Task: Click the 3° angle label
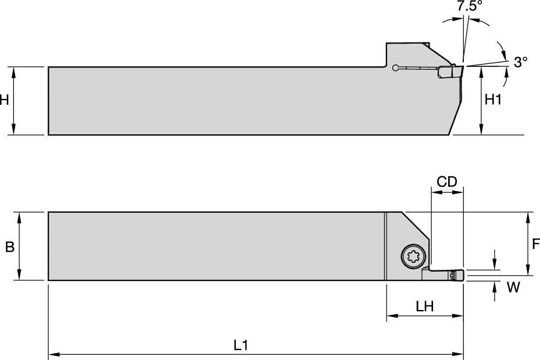pos(521,61)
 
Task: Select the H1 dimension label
pos(493,100)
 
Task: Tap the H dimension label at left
pos(4,100)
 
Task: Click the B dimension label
pos(9,247)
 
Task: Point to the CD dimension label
pos(447,181)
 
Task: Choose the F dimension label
pos(535,244)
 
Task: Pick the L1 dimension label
pos(241,344)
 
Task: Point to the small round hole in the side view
pos(395,68)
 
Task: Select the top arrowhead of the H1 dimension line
pos(481,70)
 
